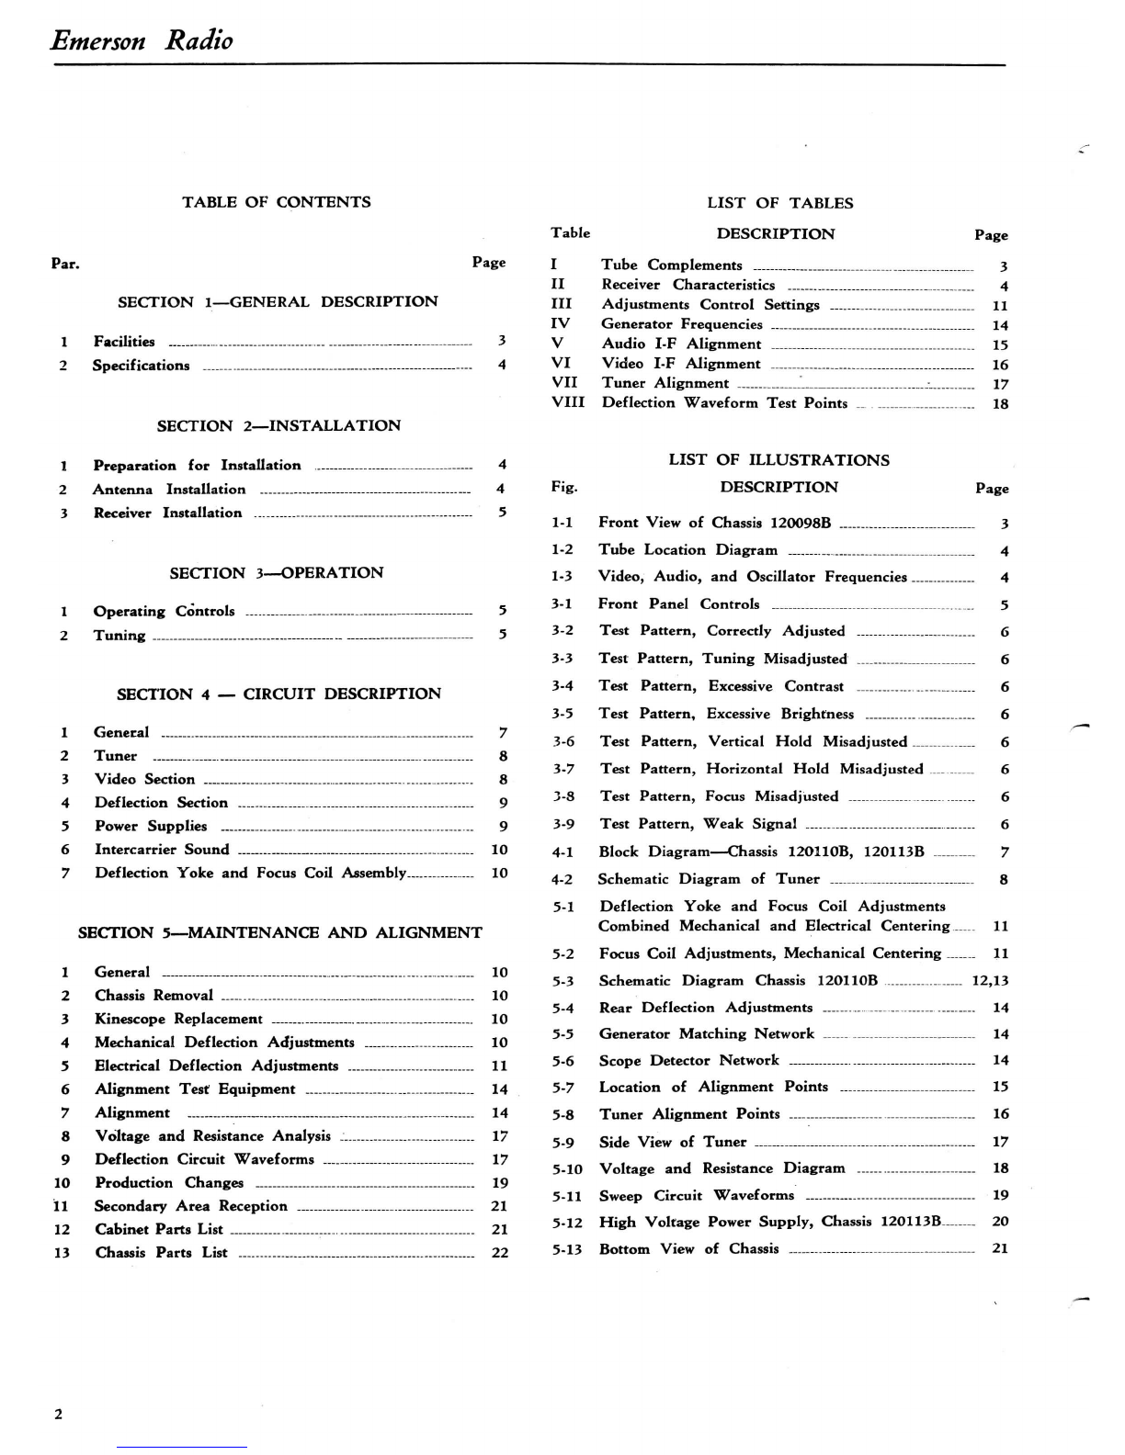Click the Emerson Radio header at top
[x=142, y=40]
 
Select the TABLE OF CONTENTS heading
[x=276, y=202]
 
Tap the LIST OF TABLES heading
[x=779, y=203]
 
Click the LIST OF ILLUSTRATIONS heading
[x=778, y=460]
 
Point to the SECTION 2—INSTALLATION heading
[x=278, y=426]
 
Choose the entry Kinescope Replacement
[x=178, y=1019]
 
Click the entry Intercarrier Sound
[x=162, y=850]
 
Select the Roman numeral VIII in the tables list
[x=567, y=402]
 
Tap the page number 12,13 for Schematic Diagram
[x=990, y=980]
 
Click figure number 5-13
[x=566, y=1249]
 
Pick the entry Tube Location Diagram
[x=687, y=550]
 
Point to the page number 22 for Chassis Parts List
[x=499, y=1253]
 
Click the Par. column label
[x=65, y=265]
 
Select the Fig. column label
[x=563, y=488]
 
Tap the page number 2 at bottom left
[x=59, y=1414]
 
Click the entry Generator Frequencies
[x=681, y=324]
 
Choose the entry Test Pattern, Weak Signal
[x=698, y=824]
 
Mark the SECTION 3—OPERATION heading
[x=276, y=573]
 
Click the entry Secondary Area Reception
[x=190, y=1206]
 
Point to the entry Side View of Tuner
[x=672, y=1142]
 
